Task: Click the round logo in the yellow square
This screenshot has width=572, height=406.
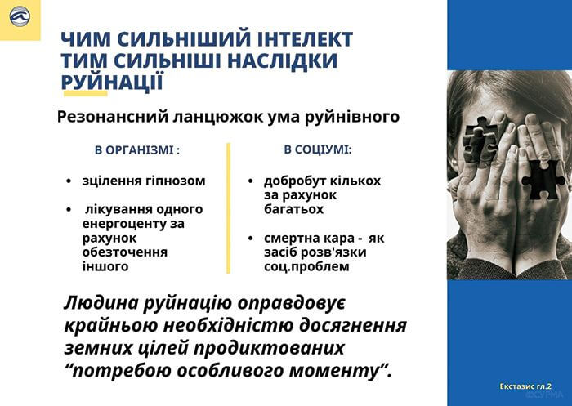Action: (x=20, y=16)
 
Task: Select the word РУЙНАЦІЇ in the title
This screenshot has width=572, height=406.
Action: (x=112, y=83)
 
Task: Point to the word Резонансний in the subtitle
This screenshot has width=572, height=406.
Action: (x=113, y=117)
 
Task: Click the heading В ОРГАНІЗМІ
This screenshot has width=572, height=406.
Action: (x=137, y=150)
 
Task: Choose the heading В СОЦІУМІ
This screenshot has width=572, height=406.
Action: (x=318, y=149)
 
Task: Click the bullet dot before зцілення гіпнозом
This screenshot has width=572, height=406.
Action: (x=69, y=181)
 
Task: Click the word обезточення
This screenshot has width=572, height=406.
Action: (x=125, y=252)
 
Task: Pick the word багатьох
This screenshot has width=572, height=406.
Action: (x=293, y=209)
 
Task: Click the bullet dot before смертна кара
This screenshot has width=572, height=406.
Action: (x=250, y=239)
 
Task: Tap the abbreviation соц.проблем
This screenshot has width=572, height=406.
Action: (x=306, y=266)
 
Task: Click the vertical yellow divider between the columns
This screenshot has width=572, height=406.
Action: (x=228, y=208)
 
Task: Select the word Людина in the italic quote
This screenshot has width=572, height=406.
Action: (x=101, y=303)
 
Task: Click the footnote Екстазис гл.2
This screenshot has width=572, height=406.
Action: (x=525, y=386)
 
